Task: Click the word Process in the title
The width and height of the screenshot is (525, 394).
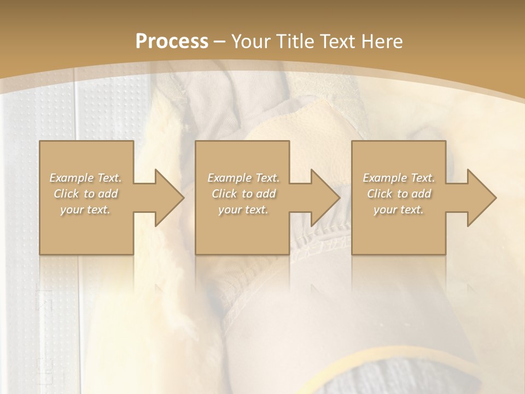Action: point(172,41)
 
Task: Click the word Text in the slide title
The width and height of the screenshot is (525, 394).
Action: point(337,41)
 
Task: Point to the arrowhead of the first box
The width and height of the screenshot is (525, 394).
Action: point(169,198)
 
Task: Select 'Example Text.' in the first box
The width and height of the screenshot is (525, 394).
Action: point(86,178)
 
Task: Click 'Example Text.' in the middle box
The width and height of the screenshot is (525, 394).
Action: point(243,178)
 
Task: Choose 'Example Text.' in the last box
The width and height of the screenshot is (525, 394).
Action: point(399,178)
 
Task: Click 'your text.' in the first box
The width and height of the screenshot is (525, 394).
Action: point(86,210)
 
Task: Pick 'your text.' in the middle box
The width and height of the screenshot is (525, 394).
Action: point(243,210)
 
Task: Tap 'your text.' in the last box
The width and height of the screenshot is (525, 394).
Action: point(399,210)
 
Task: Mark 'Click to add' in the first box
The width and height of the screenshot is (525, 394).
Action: point(86,194)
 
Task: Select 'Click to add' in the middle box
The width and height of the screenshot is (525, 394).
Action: point(243,194)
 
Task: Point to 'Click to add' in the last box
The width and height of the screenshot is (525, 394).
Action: point(399,194)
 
